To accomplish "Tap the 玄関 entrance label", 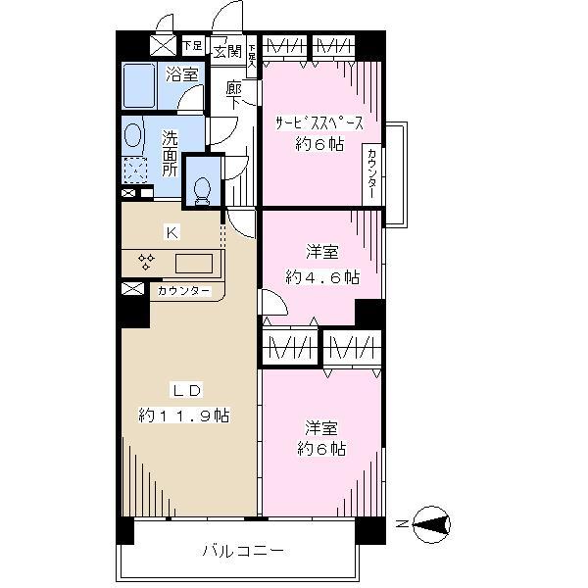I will tap(226, 50).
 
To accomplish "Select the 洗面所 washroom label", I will tap(170, 154).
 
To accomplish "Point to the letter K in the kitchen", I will tap(171, 232).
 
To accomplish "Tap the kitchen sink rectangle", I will tap(193, 264).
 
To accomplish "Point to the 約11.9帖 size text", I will tap(183, 416).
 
